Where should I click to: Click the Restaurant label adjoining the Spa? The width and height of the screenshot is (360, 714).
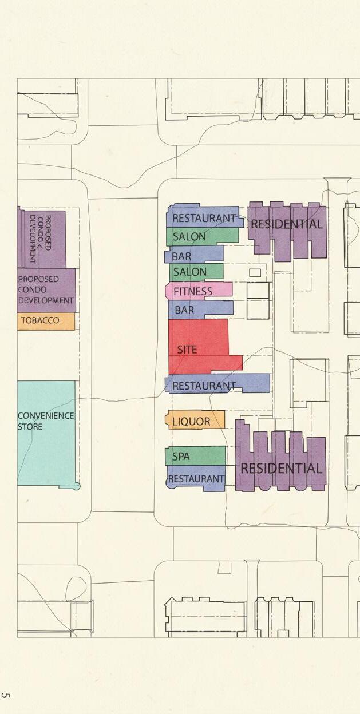(196, 479)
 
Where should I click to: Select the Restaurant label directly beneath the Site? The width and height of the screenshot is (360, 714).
(204, 386)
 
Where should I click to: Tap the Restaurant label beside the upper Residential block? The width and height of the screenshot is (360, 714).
(204, 218)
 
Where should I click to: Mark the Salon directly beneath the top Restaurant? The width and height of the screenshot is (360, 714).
(189, 236)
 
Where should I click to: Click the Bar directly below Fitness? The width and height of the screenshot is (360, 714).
(184, 310)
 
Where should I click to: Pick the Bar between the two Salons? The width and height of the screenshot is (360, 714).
(182, 256)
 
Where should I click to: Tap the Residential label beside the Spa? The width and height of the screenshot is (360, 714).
(281, 469)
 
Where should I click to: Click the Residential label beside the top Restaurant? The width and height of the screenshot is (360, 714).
(286, 224)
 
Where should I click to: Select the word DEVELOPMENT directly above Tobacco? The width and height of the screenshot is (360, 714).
(46, 300)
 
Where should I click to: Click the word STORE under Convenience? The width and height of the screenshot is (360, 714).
(30, 427)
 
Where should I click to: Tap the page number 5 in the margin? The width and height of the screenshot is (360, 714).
(6, 696)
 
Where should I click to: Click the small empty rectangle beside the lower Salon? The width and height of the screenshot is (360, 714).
(255, 273)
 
